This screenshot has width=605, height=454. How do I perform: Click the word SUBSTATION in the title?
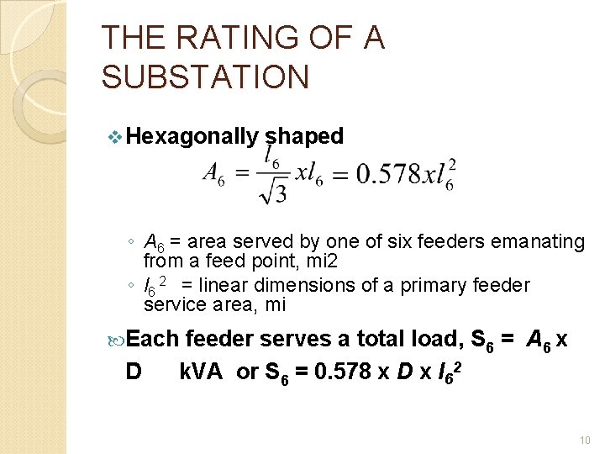[205, 77]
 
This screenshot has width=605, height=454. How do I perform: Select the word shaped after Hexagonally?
[304, 136]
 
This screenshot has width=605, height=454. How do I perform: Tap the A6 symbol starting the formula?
[213, 176]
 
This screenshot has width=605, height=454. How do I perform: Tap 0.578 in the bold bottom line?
[340, 371]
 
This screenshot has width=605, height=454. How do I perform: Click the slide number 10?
[585, 440]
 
